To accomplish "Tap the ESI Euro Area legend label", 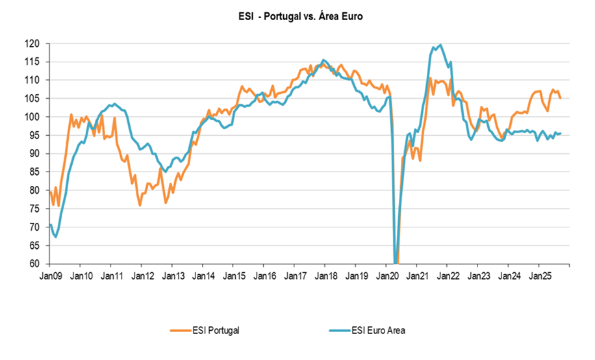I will [x=379, y=331].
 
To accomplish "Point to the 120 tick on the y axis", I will [x=34, y=44].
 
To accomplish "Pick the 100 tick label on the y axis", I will [x=34, y=117].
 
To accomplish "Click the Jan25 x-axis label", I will [x=538, y=276].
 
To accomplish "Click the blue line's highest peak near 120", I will [x=441, y=45].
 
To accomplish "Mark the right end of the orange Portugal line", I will [x=561, y=98].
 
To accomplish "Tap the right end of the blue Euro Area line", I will [x=561, y=134].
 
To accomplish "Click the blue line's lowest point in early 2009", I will [x=56, y=237].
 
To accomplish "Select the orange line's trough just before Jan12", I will [x=140, y=205].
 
